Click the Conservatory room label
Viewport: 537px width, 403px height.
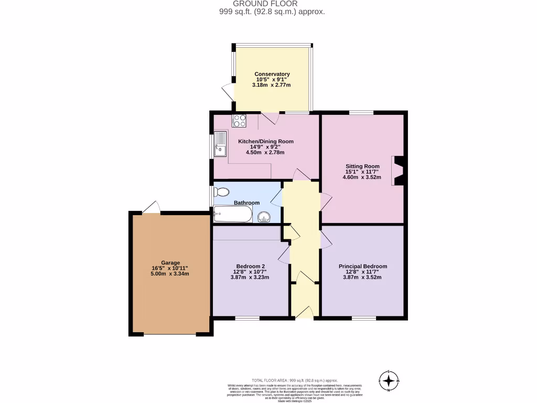pos(272,74)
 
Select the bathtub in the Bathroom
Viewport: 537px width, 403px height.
pos(232,214)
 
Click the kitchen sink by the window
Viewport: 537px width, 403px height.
pos(220,144)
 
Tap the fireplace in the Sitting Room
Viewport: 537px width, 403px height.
pos(399,171)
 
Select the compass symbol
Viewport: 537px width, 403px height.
pos(389,381)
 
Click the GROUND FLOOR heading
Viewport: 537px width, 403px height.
pos(272,4)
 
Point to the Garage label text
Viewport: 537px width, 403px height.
pos(170,263)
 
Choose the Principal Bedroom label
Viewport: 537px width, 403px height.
pos(362,267)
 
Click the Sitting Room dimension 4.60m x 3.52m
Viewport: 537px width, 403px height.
pos(362,177)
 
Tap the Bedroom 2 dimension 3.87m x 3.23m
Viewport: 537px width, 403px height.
pos(250,277)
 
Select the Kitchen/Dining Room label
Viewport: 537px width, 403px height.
pos(266,141)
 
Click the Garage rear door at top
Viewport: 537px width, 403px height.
pos(151,208)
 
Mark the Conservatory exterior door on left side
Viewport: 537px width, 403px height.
pos(228,92)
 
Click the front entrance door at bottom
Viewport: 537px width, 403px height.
pos(304,313)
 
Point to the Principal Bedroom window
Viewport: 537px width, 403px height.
pos(363,318)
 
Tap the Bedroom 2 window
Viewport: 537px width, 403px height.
pos(247,318)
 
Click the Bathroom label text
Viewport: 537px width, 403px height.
pos(246,203)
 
